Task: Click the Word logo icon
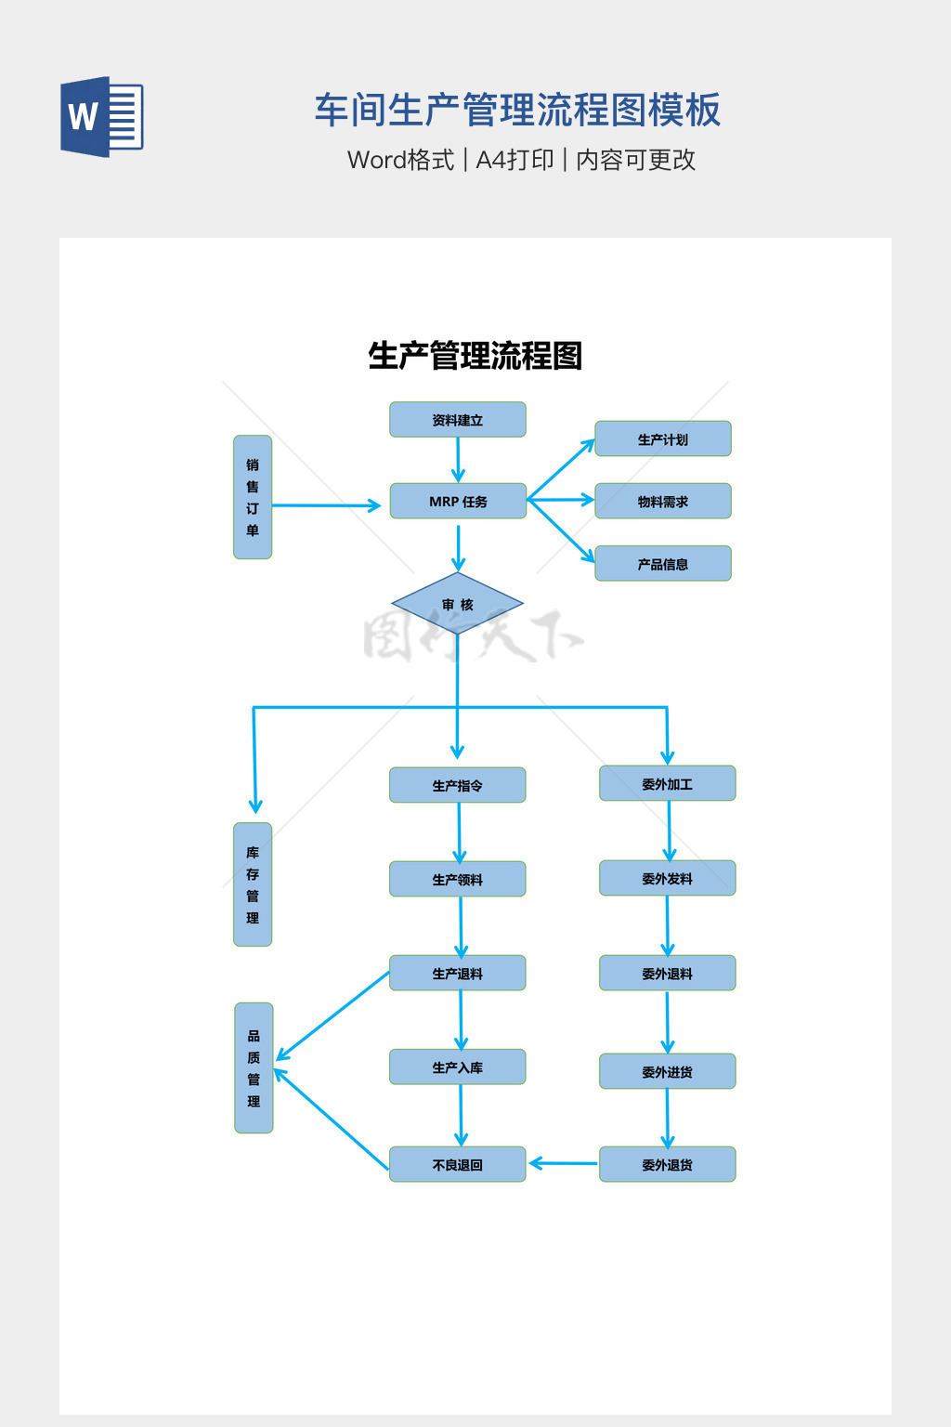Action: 102,117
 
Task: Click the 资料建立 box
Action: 457,420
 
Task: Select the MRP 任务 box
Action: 458,502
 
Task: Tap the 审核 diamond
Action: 457,605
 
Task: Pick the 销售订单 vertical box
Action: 253,497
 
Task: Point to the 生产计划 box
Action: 662,439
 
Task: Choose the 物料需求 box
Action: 662,502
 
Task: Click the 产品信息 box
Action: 662,564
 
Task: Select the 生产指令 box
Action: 457,785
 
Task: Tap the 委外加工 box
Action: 667,784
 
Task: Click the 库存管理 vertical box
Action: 253,884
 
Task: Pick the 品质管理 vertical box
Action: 254,1068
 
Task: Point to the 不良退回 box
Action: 457,1164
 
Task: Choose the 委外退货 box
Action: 667,1164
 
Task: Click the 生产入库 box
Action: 457,1067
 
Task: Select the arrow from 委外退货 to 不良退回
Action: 563,1163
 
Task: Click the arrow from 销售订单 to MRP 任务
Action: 325,505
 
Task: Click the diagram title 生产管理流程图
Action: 475,356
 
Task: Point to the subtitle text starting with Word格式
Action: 521,160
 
